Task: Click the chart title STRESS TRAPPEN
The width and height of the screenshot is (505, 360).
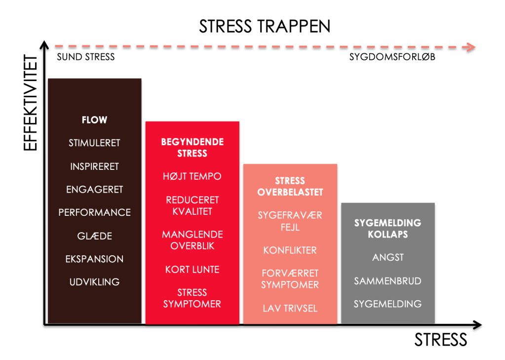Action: (x=265, y=26)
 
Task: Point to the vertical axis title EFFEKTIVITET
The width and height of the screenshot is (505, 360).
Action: (x=31, y=104)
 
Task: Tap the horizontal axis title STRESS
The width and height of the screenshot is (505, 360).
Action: (x=440, y=340)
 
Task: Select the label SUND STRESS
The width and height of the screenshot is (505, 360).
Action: (x=85, y=57)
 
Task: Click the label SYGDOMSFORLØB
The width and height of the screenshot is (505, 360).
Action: (x=392, y=57)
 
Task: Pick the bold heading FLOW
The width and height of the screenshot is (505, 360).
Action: (x=94, y=120)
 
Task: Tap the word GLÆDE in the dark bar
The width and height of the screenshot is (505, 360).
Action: (x=94, y=236)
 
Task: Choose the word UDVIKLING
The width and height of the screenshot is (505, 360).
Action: (x=94, y=282)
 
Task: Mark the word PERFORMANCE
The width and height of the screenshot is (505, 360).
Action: (x=94, y=212)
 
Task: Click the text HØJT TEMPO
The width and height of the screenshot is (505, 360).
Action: (x=192, y=176)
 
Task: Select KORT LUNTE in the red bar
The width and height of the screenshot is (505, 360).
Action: (x=192, y=269)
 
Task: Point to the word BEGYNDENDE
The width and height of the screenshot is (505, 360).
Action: (x=192, y=142)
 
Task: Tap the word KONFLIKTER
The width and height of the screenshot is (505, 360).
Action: (x=290, y=250)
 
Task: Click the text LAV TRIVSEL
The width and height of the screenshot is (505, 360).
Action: (x=290, y=309)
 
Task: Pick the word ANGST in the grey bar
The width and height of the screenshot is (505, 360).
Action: (x=388, y=257)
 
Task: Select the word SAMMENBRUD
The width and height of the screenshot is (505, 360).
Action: (x=388, y=281)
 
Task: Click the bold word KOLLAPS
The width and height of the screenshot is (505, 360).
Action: (x=388, y=234)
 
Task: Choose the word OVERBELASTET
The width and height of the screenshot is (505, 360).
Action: (x=290, y=192)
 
